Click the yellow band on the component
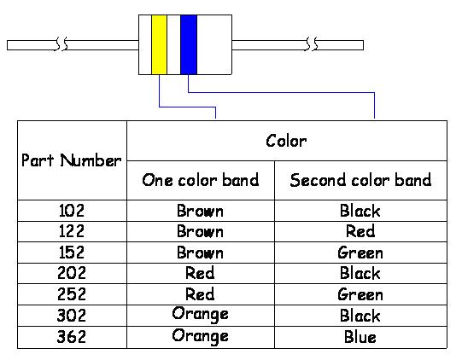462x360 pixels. click(x=159, y=44)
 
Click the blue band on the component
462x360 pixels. click(x=189, y=44)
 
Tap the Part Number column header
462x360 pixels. click(x=71, y=160)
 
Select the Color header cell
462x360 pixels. click(x=286, y=141)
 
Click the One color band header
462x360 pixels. click(x=201, y=180)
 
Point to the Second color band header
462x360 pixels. click(x=360, y=180)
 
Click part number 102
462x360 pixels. click(x=72, y=211)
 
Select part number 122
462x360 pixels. click(x=72, y=231)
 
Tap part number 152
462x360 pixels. click(x=72, y=253)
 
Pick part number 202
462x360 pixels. click(x=72, y=273)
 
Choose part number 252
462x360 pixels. click(x=72, y=294)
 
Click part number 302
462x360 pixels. click(x=72, y=316)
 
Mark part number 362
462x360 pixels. click(x=72, y=337)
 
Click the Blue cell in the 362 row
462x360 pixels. click(x=360, y=337)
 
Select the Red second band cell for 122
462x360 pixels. click(x=360, y=231)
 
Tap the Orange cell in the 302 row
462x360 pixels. click(x=201, y=315)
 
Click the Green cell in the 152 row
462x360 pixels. click(x=360, y=253)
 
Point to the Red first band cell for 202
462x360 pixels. click(x=200, y=273)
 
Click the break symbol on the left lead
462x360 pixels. click(x=61, y=44)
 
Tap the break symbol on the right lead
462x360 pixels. click(x=313, y=44)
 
